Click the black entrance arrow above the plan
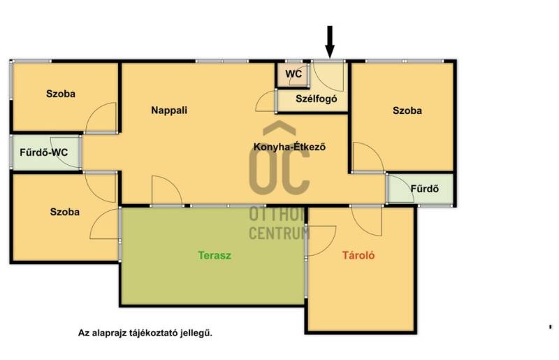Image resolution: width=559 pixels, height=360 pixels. (330, 41)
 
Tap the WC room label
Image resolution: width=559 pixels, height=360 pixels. (293, 74)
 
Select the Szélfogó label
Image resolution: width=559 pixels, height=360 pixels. (317, 99)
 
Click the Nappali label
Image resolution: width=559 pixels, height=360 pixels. (169, 110)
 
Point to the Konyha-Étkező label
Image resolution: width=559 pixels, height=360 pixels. (289, 147)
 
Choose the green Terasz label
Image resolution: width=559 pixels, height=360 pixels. (215, 255)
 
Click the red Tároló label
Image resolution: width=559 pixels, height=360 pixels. (358, 255)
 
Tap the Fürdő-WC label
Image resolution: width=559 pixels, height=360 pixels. (43, 152)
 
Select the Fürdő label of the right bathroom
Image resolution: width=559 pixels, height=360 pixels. (425, 188)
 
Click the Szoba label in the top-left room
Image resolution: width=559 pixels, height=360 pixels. (61, 94)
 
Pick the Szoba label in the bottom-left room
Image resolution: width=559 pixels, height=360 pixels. (64, 212)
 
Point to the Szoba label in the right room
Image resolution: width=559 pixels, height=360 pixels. (407, 110)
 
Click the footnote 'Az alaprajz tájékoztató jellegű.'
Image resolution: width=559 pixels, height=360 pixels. (145, 333)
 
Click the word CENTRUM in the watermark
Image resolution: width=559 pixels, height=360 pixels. (279, 233)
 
